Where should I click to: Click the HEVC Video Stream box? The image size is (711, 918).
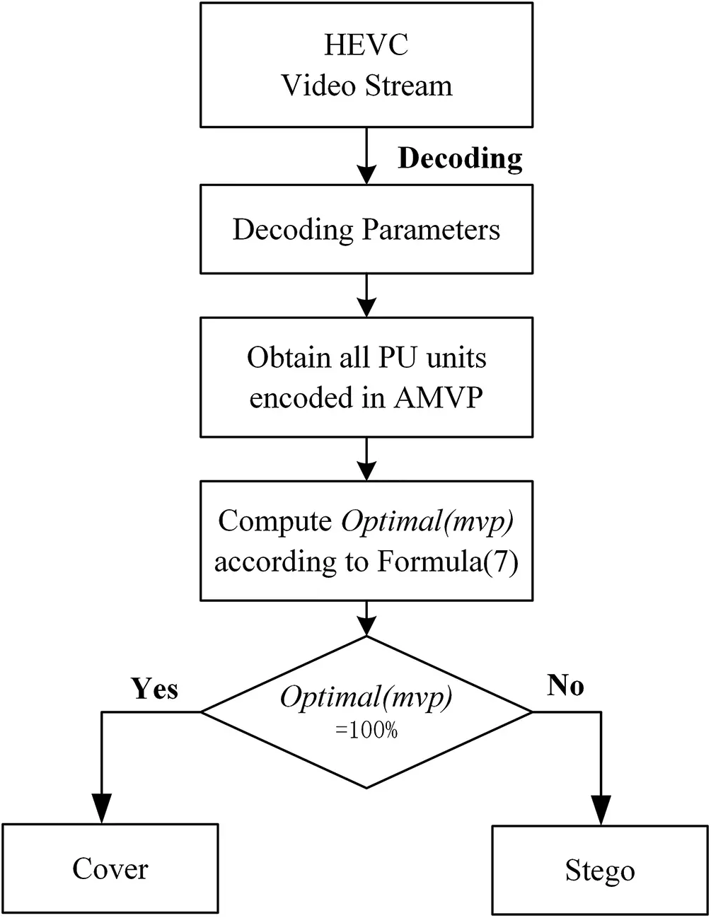[x=366, y=65]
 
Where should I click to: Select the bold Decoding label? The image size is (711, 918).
[x=460, y=158]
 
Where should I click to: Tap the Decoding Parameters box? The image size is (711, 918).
[x=366, y=229]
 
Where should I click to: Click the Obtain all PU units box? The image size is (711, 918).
[x=366, y=377]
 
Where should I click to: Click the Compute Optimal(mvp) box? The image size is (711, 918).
[x=366, y=541]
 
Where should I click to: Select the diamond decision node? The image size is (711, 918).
[x=366, y=711]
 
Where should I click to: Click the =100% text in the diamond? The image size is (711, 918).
[x=366, y=731]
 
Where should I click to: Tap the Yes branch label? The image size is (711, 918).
[x=154, y=687]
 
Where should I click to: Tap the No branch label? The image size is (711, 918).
[x=565, y=685]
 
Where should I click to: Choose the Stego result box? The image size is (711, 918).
[x=600, y=871]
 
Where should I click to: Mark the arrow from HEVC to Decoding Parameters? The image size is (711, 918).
[x=366, y=157]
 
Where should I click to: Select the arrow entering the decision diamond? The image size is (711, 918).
[x=366, y=619]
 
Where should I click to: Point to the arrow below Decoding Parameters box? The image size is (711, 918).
[x=366, y=296]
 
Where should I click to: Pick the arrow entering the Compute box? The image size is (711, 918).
[x=366, y=460]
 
